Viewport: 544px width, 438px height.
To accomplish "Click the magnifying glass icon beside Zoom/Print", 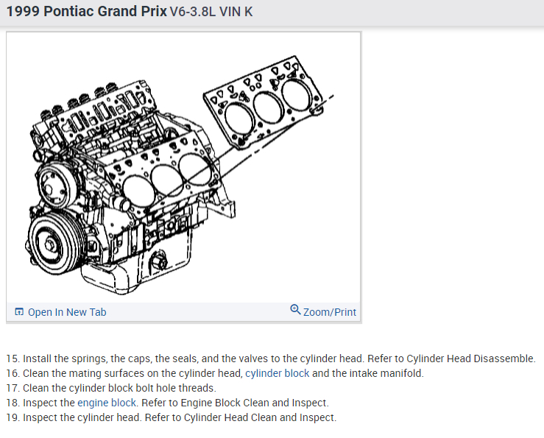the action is pos(295,309).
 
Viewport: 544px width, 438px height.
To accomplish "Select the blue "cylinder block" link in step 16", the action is pos(278,373).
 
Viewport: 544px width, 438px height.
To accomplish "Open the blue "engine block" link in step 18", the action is pos(107,403).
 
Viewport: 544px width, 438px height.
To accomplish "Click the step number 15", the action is pos(12,358).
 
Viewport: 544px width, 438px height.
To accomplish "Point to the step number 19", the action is pos(12,417).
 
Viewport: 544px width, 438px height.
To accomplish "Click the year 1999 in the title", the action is pos(23,12).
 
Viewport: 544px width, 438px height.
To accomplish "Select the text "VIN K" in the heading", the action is pos(236,12).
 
